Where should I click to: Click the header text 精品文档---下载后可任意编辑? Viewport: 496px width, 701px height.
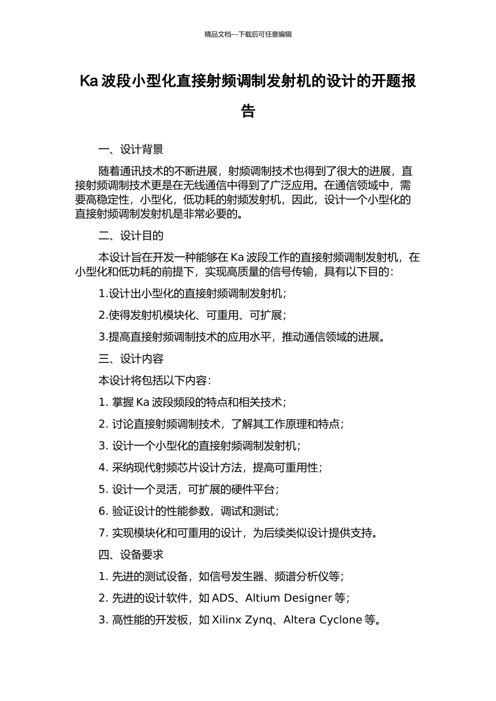(x=248, y=34)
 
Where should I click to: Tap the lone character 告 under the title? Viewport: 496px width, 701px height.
(x=248, y=111)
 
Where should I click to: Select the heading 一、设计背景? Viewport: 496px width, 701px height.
(x=131, y=150)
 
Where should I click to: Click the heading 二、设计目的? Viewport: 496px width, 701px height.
(x=131, y=236)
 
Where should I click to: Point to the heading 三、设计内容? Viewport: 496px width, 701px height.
(x=131, y=359)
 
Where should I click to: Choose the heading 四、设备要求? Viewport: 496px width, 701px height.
(x=131, y=554)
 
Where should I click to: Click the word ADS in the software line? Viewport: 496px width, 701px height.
(x=223, y=598)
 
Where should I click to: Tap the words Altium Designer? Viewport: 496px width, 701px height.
(x=288, y=598)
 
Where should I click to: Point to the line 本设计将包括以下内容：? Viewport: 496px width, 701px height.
(x=155, y=381)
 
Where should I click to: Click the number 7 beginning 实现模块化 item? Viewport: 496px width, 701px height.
(x=102, y=533)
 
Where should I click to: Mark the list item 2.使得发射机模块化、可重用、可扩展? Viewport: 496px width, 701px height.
(x=192, y=315)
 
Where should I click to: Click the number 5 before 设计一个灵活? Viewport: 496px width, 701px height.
(x=102, y=489)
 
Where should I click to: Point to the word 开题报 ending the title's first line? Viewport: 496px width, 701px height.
(x=394, y=81)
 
